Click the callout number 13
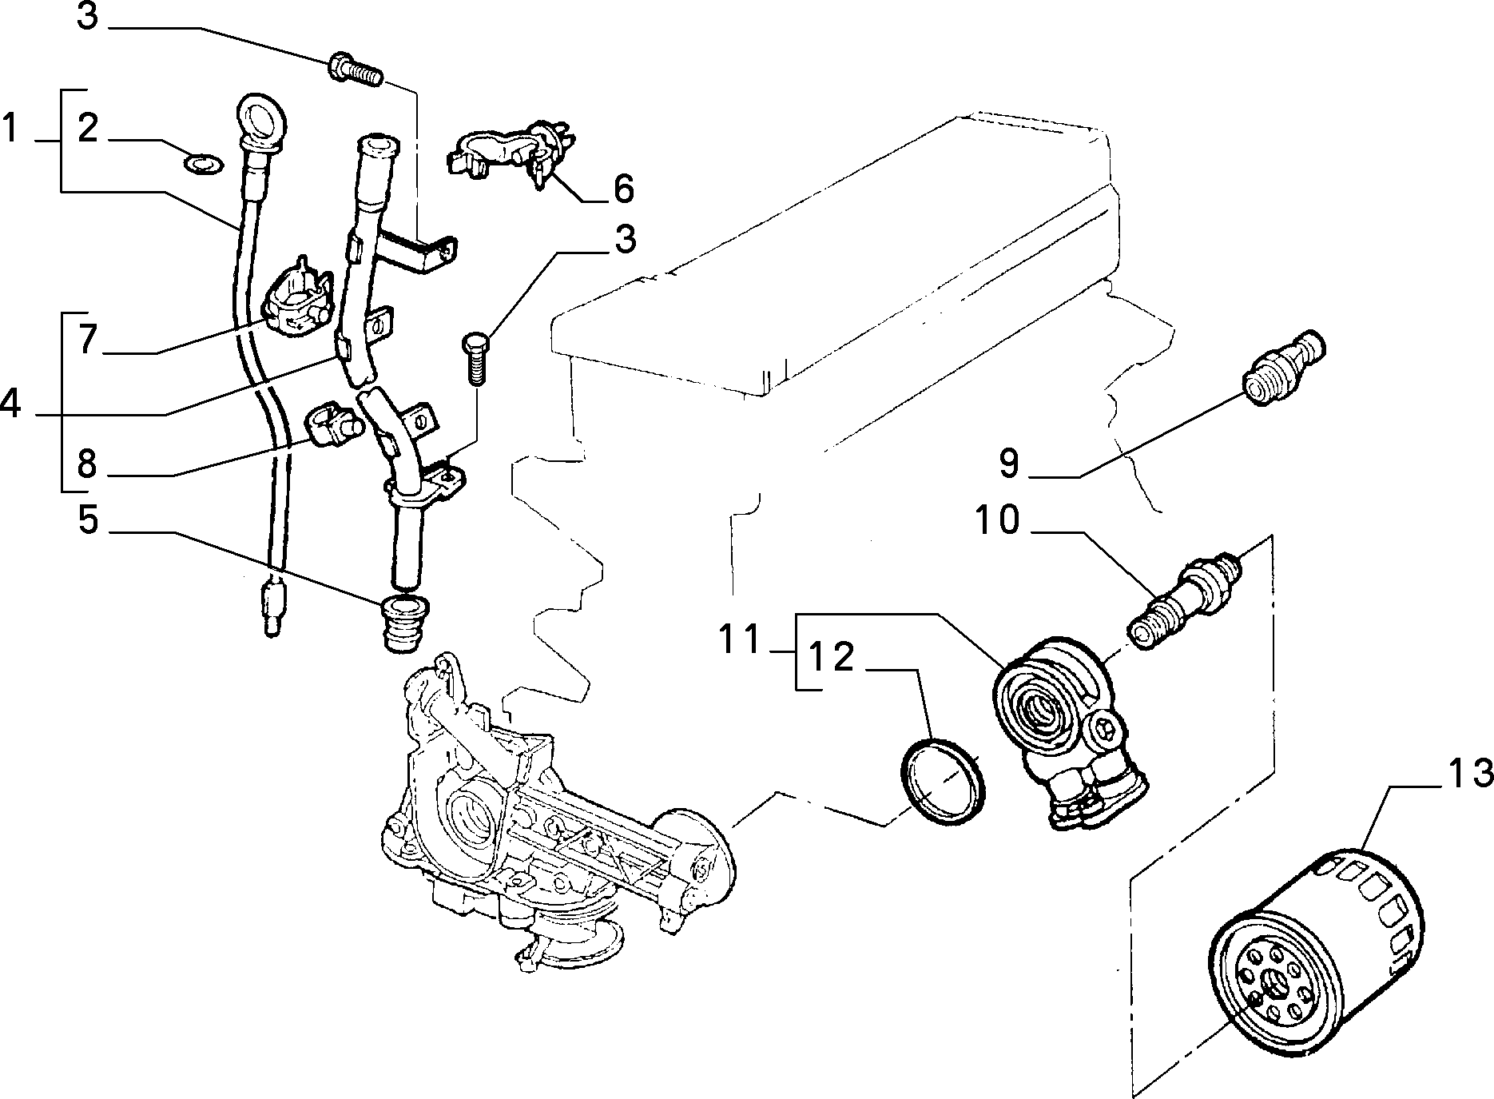pyautogui.click(x=1468, y=773)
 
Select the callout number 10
pyautogui.click(x=996, y=521)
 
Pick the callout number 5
pyautogui.click(x=89, y=520)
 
